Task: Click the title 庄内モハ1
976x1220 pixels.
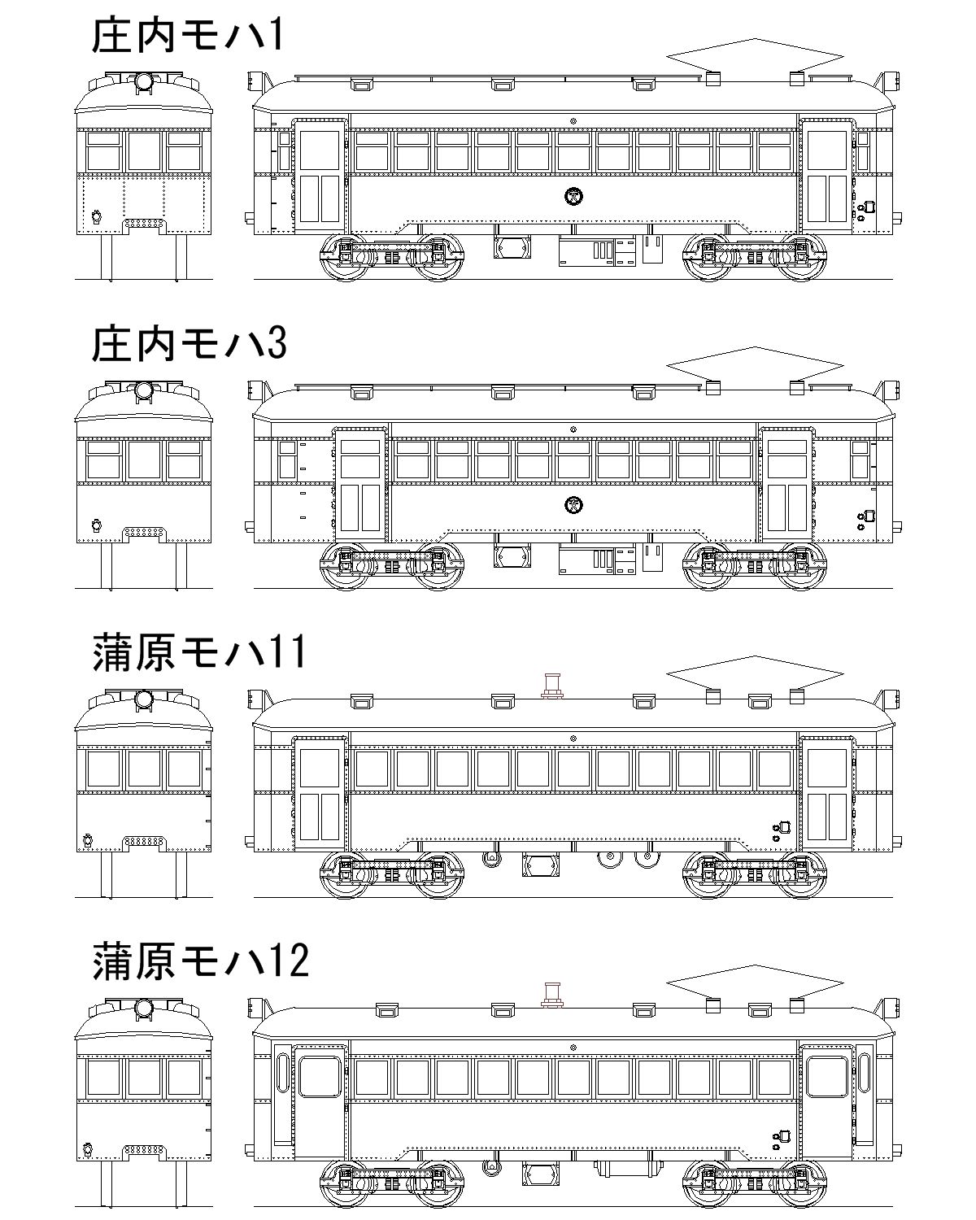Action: pyautogui.click(x=188, y=36)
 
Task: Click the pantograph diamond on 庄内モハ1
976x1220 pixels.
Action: pyautogui.click(x=755, y=56)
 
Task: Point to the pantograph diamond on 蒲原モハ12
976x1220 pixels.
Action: pyautogui.click(x=755, y=983)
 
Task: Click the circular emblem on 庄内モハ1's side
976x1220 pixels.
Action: pyautogui.click(x=574, y=196)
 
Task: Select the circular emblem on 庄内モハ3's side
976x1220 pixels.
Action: pyautogui.click(x=574, y=504)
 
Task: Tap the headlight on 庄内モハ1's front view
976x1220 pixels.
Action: pyautogui.click(x=143, y=82)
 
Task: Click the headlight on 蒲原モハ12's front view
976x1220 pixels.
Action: pyautogui.click(x=143, y=1009)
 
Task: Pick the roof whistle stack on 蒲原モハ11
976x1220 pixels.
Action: pyautogui.click(x=551, y=686)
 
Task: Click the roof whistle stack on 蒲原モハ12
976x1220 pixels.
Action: pyautogui.click(x=551, y=995)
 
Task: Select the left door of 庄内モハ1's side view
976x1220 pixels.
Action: pyautogui.click(x=320, y=176)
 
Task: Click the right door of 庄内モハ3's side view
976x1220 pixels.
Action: pyautogui.click(x=787, y=484)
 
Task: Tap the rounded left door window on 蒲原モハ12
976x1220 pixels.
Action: pyautogui.click(x=320, y=1077)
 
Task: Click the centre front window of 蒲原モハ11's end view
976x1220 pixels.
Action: pyautogui.click(x=144, y=769)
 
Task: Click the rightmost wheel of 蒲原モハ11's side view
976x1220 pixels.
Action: pyautogui.click(x=801, y=875)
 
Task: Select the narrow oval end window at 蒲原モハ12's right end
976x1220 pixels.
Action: pyautogui.click(x=865, y=1072)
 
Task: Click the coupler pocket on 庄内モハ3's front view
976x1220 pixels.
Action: pyautogui.click(x=144, y=534)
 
